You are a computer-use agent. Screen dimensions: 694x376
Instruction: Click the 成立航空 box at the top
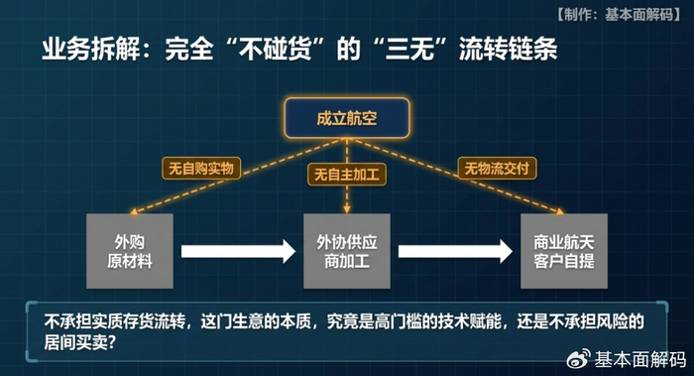pos(347,118)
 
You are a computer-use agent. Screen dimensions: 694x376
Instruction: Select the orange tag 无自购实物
pos(201,169)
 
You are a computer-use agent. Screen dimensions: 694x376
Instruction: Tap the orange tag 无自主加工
pos(347,175)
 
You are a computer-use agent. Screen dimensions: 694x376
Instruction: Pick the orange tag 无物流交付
pos(497,169)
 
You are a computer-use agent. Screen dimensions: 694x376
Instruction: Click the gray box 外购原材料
pos(130,251)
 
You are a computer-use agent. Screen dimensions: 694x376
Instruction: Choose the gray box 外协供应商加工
pos(347,251)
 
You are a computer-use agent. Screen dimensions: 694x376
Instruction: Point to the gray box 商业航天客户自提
pos(564,251)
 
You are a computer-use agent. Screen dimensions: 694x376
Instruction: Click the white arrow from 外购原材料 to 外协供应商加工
pos(238,252)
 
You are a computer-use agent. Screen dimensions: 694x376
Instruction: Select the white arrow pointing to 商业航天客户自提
pos(455,252)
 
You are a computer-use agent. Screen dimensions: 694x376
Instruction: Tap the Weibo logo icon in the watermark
pos(579,358)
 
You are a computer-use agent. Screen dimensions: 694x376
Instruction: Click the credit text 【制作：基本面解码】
pos(618,15)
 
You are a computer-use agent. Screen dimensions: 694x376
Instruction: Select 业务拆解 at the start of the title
pos(91,49)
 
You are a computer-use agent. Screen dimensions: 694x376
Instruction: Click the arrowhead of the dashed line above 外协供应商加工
pos(347,209)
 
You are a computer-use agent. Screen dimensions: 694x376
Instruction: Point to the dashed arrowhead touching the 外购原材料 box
pos(134,211)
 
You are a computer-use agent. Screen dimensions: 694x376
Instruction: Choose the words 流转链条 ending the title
pos(508,49)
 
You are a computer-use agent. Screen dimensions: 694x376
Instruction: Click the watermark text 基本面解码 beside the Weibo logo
pos(639,359)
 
